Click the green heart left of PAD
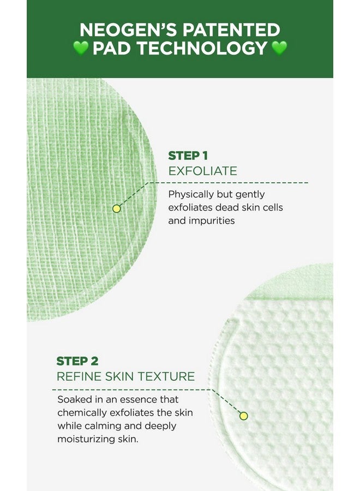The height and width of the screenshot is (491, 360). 80,48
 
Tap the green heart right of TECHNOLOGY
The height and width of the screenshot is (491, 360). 279,48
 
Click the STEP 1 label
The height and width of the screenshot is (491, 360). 188,155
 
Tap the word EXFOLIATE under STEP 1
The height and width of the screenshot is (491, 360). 202,171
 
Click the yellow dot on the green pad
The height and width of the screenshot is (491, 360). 116,208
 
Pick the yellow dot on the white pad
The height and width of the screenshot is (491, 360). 243,416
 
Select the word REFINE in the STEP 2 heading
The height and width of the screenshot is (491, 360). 77,376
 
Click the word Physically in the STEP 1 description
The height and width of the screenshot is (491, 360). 191,194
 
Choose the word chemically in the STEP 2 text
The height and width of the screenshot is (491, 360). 83,412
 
